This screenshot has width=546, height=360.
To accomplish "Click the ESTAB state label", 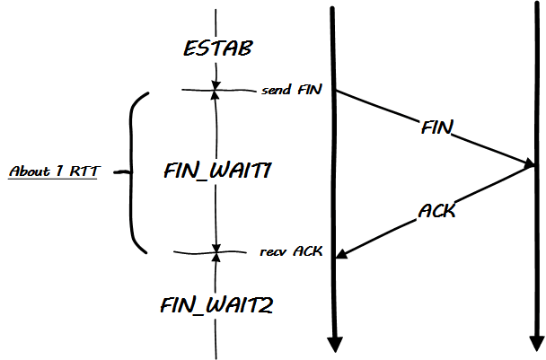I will (x=216, y=48).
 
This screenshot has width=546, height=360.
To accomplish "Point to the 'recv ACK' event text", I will (x=293, y=252).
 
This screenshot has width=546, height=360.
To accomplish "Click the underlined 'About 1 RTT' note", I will (x=52, y=171).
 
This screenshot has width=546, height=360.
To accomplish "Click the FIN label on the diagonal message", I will (x=436, y=127).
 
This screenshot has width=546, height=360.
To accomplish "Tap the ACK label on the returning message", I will (x=437, y=212).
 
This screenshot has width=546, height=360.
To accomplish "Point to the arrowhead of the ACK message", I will (x=341, y=256).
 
